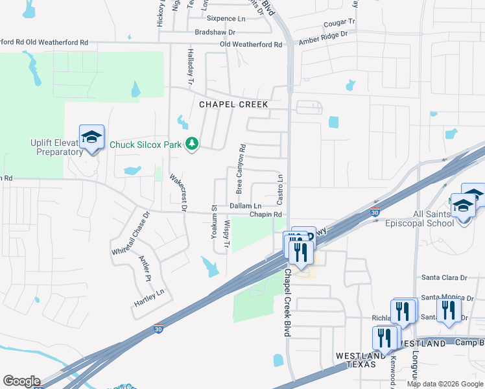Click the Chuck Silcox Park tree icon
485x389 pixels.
(x=191, y=143)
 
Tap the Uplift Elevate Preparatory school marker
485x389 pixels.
(x=91, y=138)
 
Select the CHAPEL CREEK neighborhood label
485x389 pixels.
(x=233, y=104)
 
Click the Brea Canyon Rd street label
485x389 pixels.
(x=241, y=170)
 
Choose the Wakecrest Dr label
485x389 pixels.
(x=177, y=193)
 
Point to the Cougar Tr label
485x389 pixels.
(x=339, y=23)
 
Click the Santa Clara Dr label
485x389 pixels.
(x=444, y=277)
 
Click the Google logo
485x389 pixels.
(x=21, y=381)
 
